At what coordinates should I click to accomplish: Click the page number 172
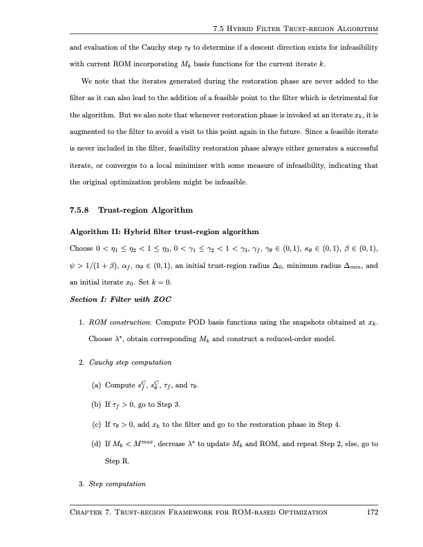point(372,512)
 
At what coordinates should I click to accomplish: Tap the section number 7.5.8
point(82,209)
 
